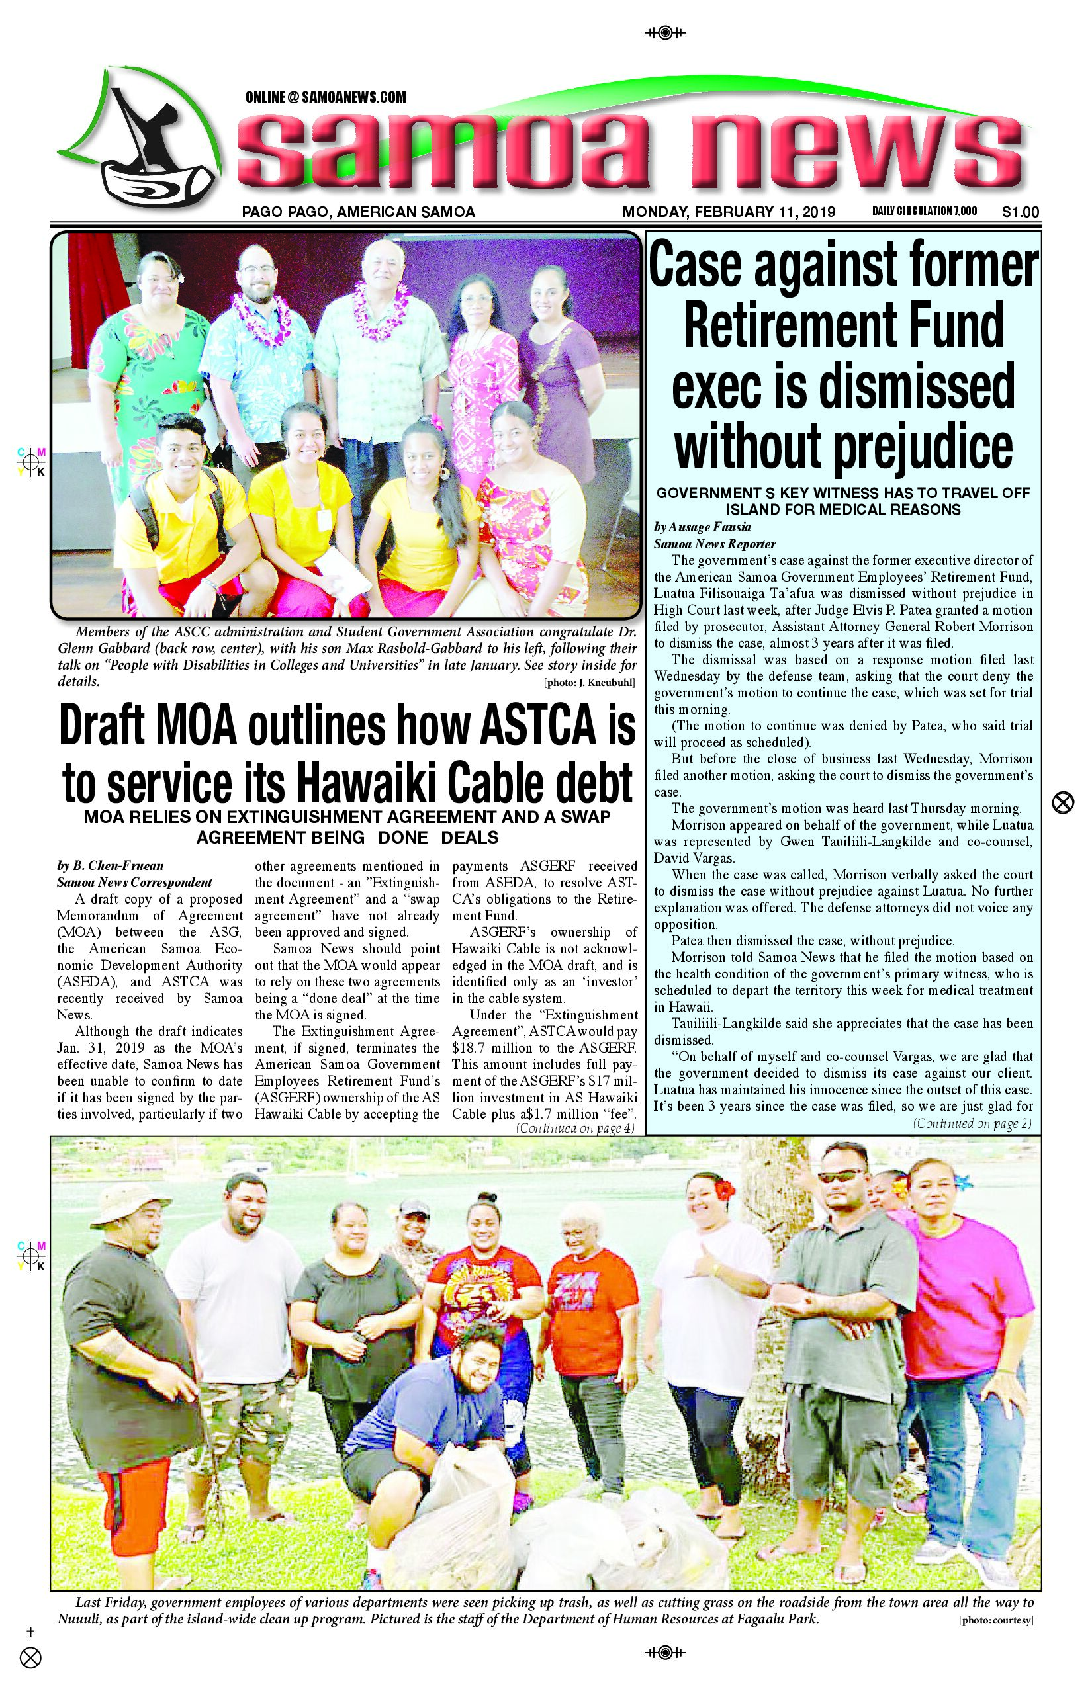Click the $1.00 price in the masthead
coord(1021,212)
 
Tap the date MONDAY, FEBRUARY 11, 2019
coord(728,212)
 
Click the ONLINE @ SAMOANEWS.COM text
coord(326,97)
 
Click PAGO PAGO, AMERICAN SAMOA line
coord(358,212)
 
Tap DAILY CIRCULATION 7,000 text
coord(924,211)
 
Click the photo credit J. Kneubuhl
coord(588,683)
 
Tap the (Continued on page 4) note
coord(574,1128)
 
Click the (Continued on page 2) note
coord(972,1123)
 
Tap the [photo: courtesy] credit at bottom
coord(995,1620)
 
